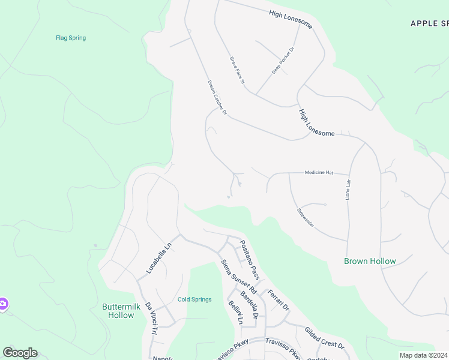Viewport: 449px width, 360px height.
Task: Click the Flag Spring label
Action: pyautogui.click(x=71, y=38)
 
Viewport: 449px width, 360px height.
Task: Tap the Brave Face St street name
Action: pyautogui.click(x=237, y=70)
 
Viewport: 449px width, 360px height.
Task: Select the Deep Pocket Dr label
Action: pyautogui.click(x=284, y=61)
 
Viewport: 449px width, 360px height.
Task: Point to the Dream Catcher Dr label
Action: pyautogui.click(x=217, y=97)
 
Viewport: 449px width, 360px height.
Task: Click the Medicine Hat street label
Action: pyautogui.click(x=319, y=172)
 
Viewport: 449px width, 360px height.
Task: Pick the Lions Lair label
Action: pyautogui.click(x=348, y=189)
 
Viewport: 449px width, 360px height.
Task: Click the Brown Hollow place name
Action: pyautogui.click(x=370, y=261)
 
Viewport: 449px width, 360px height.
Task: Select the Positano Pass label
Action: pyautogui.click(x=249, y=259)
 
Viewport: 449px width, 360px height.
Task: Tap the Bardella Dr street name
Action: pyautogui.click(x=249, y=304)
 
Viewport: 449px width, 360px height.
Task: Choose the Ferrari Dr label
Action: pyautogui.click(x=278, y=300)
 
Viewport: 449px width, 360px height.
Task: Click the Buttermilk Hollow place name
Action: pyautogui.click(x=121, y=310)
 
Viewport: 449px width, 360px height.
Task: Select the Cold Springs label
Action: pyautogui.click(x=194, y=299)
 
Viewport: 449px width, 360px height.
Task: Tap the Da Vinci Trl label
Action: pyautogui.click(x=150, y=318)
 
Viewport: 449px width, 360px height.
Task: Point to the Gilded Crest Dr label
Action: pyautogui.click(x=324, y=338)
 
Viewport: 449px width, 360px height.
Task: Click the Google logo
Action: pyautogui.click(x=20, y=353)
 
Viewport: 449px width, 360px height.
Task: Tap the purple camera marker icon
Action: pyautogui.click(x=3, y=304)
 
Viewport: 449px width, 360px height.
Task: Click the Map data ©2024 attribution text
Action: pyautogui.click(x=423, y=355)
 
